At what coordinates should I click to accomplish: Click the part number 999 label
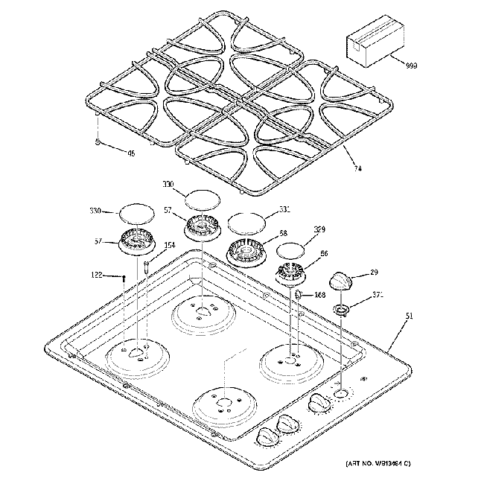pos(412,66)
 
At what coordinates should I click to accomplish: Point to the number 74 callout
pos(358,169)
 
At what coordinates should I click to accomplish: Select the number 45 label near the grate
pos(131,154)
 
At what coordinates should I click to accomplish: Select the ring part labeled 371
pos(342,308)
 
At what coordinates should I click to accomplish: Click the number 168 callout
pos(319,295)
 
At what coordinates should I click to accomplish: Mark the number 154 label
pos(170,246)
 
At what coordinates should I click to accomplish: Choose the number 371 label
pos(378,296)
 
